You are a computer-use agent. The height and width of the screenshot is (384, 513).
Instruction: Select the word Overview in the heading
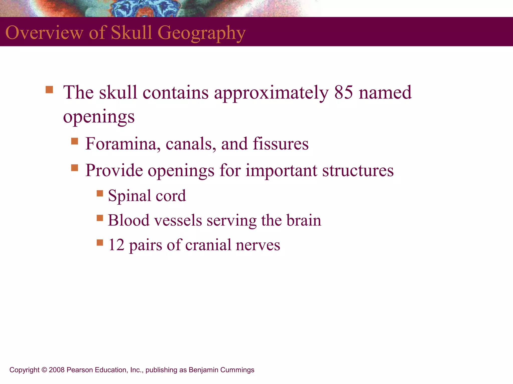[x=44, y=32]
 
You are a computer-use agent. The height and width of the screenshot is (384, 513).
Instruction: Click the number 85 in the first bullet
[x=344, y=92]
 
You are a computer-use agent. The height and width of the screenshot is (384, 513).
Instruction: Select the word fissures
[x=281, y=144]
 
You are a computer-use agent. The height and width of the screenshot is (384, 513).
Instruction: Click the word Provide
[x=114, y=170]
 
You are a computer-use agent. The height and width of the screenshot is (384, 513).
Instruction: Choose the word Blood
[x=129, y=220]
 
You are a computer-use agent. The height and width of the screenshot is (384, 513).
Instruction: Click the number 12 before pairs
[x=116, y=245]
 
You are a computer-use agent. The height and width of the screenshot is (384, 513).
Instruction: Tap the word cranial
[x=208, y=245]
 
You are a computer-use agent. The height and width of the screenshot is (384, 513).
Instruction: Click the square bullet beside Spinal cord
[x=100, y=193]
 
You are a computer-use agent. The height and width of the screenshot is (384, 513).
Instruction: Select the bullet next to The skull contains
[x=49, y=90]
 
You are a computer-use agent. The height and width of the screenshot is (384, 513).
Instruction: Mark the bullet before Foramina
[x=75, y=141]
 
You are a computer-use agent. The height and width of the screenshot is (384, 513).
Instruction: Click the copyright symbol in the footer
[x=44, y=370]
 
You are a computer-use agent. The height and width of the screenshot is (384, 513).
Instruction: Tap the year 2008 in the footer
[x=57, y=370]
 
